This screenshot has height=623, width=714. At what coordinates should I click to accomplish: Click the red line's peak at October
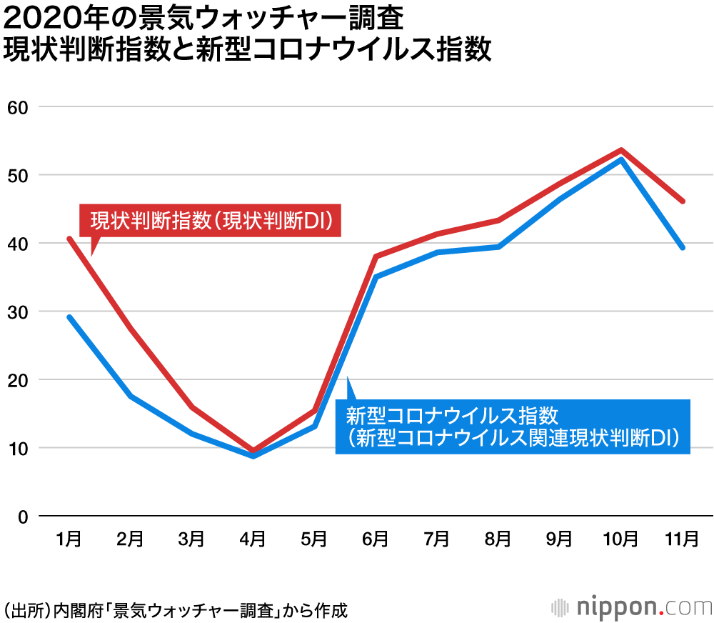click(x=621, y=150)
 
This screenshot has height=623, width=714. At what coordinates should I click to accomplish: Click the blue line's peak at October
click(x=621, y=159)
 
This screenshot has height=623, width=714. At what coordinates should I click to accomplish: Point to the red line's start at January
click(x=69, y=239)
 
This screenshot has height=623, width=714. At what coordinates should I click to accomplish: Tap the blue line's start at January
click(x=69, y=317)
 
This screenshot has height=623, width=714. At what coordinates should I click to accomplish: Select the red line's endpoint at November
click(x=683, y=201)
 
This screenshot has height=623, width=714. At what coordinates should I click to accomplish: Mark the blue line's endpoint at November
click(x=683, y=247)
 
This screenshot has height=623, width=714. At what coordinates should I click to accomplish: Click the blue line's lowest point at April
click(x=253, y=455)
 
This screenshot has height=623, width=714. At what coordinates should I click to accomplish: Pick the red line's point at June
click(x=376, y=256)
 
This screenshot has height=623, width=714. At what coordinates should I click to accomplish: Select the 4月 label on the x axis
click(x=253, y=538)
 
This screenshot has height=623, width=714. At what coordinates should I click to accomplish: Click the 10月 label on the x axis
click(x=620, y=538)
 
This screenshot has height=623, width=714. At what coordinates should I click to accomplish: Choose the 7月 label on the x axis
click(x=437, y=538)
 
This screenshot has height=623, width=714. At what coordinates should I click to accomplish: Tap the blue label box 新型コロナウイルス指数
click(x=513, y=426)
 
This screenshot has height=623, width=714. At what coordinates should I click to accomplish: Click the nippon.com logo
click(x=633, y=608)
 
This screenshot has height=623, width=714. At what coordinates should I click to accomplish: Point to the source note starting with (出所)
click(x=176, y=611)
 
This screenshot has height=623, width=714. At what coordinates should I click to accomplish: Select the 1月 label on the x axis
click(x=69, y=538)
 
